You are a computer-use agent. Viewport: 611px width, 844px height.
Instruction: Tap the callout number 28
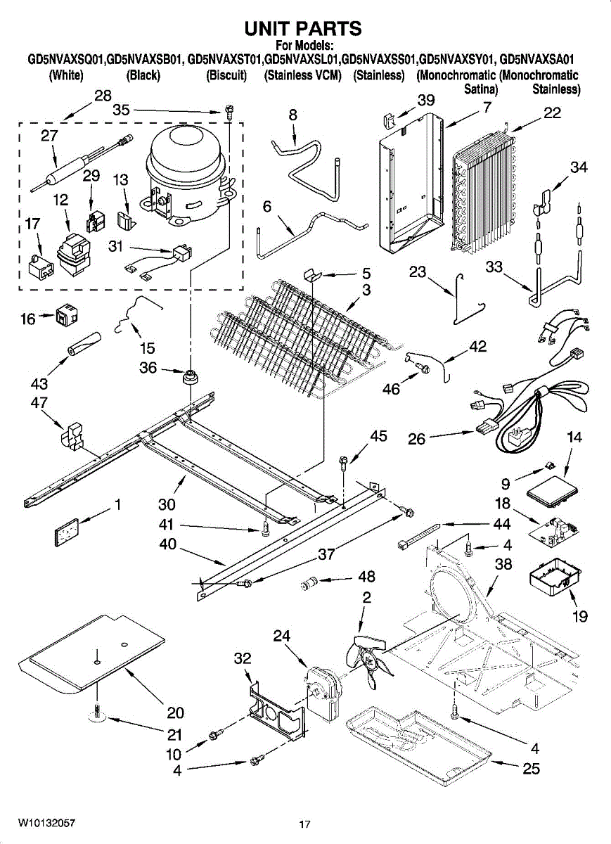click(103, 96)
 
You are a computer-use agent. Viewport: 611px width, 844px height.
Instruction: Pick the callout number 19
click(579, 616)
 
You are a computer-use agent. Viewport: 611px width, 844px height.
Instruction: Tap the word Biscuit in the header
click(226, 76)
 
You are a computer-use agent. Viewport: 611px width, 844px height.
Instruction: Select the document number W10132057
click(46, 823)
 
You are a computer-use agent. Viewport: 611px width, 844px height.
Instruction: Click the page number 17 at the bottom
click(304, 824)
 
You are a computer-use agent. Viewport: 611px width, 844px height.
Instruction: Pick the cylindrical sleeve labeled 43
click(84, 343)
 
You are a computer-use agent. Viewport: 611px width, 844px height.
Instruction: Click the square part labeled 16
click(66, 317)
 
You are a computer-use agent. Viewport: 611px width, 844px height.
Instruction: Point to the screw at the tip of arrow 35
click(229, 110)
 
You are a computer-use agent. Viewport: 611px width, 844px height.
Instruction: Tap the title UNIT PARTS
click(303, 28)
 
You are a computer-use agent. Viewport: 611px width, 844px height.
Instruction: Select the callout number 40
click(168, 544)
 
